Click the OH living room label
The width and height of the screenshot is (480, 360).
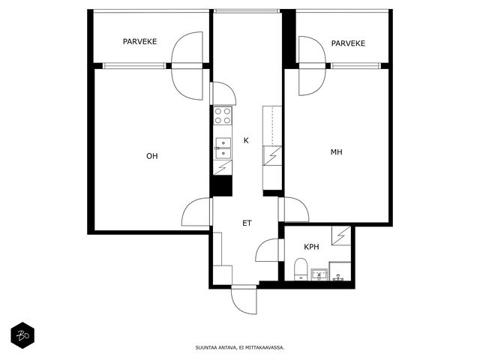point(151,156)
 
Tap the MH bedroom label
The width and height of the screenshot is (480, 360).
point(337,152)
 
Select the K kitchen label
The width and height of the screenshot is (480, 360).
point(246,140)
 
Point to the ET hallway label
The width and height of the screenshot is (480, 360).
point(247,223)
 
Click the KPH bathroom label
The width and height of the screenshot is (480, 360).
point(311,247)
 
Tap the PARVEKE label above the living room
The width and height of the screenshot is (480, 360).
point(140,42)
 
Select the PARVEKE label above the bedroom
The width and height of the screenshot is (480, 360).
point(348,43)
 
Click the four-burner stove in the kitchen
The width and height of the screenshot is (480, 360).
point(223,115)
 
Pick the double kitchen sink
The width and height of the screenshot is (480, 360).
point(223,148)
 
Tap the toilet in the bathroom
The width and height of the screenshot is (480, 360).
point(301,269)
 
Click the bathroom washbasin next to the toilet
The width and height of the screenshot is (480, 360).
point(319,274)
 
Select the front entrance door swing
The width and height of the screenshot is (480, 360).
point(244,300)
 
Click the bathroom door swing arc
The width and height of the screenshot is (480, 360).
point(267,250)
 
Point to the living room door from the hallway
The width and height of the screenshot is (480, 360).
point(196,211)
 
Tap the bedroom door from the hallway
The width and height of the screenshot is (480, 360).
point(296,209)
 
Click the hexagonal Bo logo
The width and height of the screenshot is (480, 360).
point(22,335)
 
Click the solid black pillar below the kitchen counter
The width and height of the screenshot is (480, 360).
point(222,185)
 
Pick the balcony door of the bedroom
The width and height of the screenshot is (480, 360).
point(312,66)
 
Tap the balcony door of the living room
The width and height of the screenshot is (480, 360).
point(187,66)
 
